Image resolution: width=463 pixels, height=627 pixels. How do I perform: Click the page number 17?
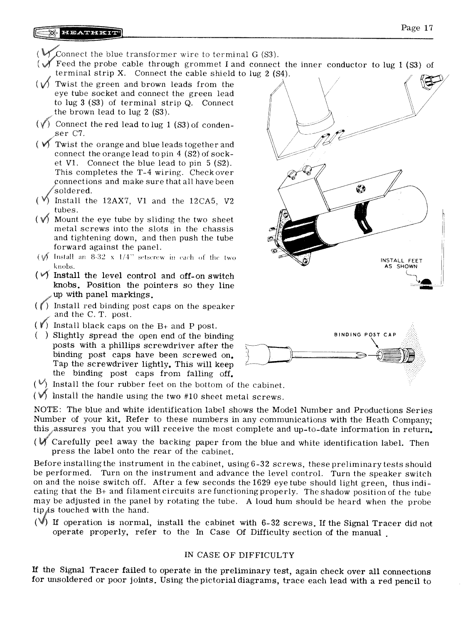point(417,28)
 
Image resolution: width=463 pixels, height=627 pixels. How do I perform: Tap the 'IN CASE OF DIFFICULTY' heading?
point(239,555)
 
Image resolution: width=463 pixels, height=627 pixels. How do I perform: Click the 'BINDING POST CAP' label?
point(365,334)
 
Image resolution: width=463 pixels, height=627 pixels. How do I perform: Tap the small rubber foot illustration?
point(426,283)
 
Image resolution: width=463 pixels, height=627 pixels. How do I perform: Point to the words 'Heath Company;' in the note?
point(403,420)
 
